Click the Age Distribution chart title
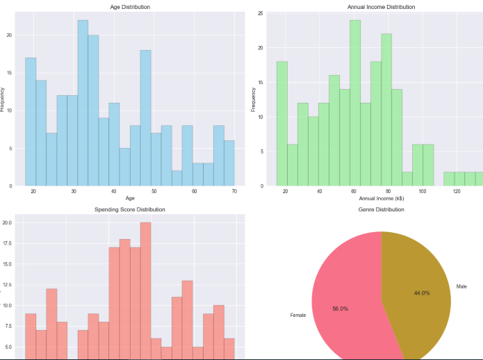tap(130, 7)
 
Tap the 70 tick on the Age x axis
tap(234, 191)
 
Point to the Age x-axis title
tap(130, 199)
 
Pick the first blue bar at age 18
tap(31, 122)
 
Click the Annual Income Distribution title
tap(381, 7)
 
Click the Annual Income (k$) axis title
tap(381, 199)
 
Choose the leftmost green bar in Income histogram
tap(282, 124)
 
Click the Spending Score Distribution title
tap(130, 209)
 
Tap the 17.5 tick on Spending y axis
tap(8, 243)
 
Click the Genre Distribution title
tap(381, 209)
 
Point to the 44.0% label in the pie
tap(422, 293)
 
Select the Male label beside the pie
tap(462, 286)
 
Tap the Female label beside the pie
tap(299, 316)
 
